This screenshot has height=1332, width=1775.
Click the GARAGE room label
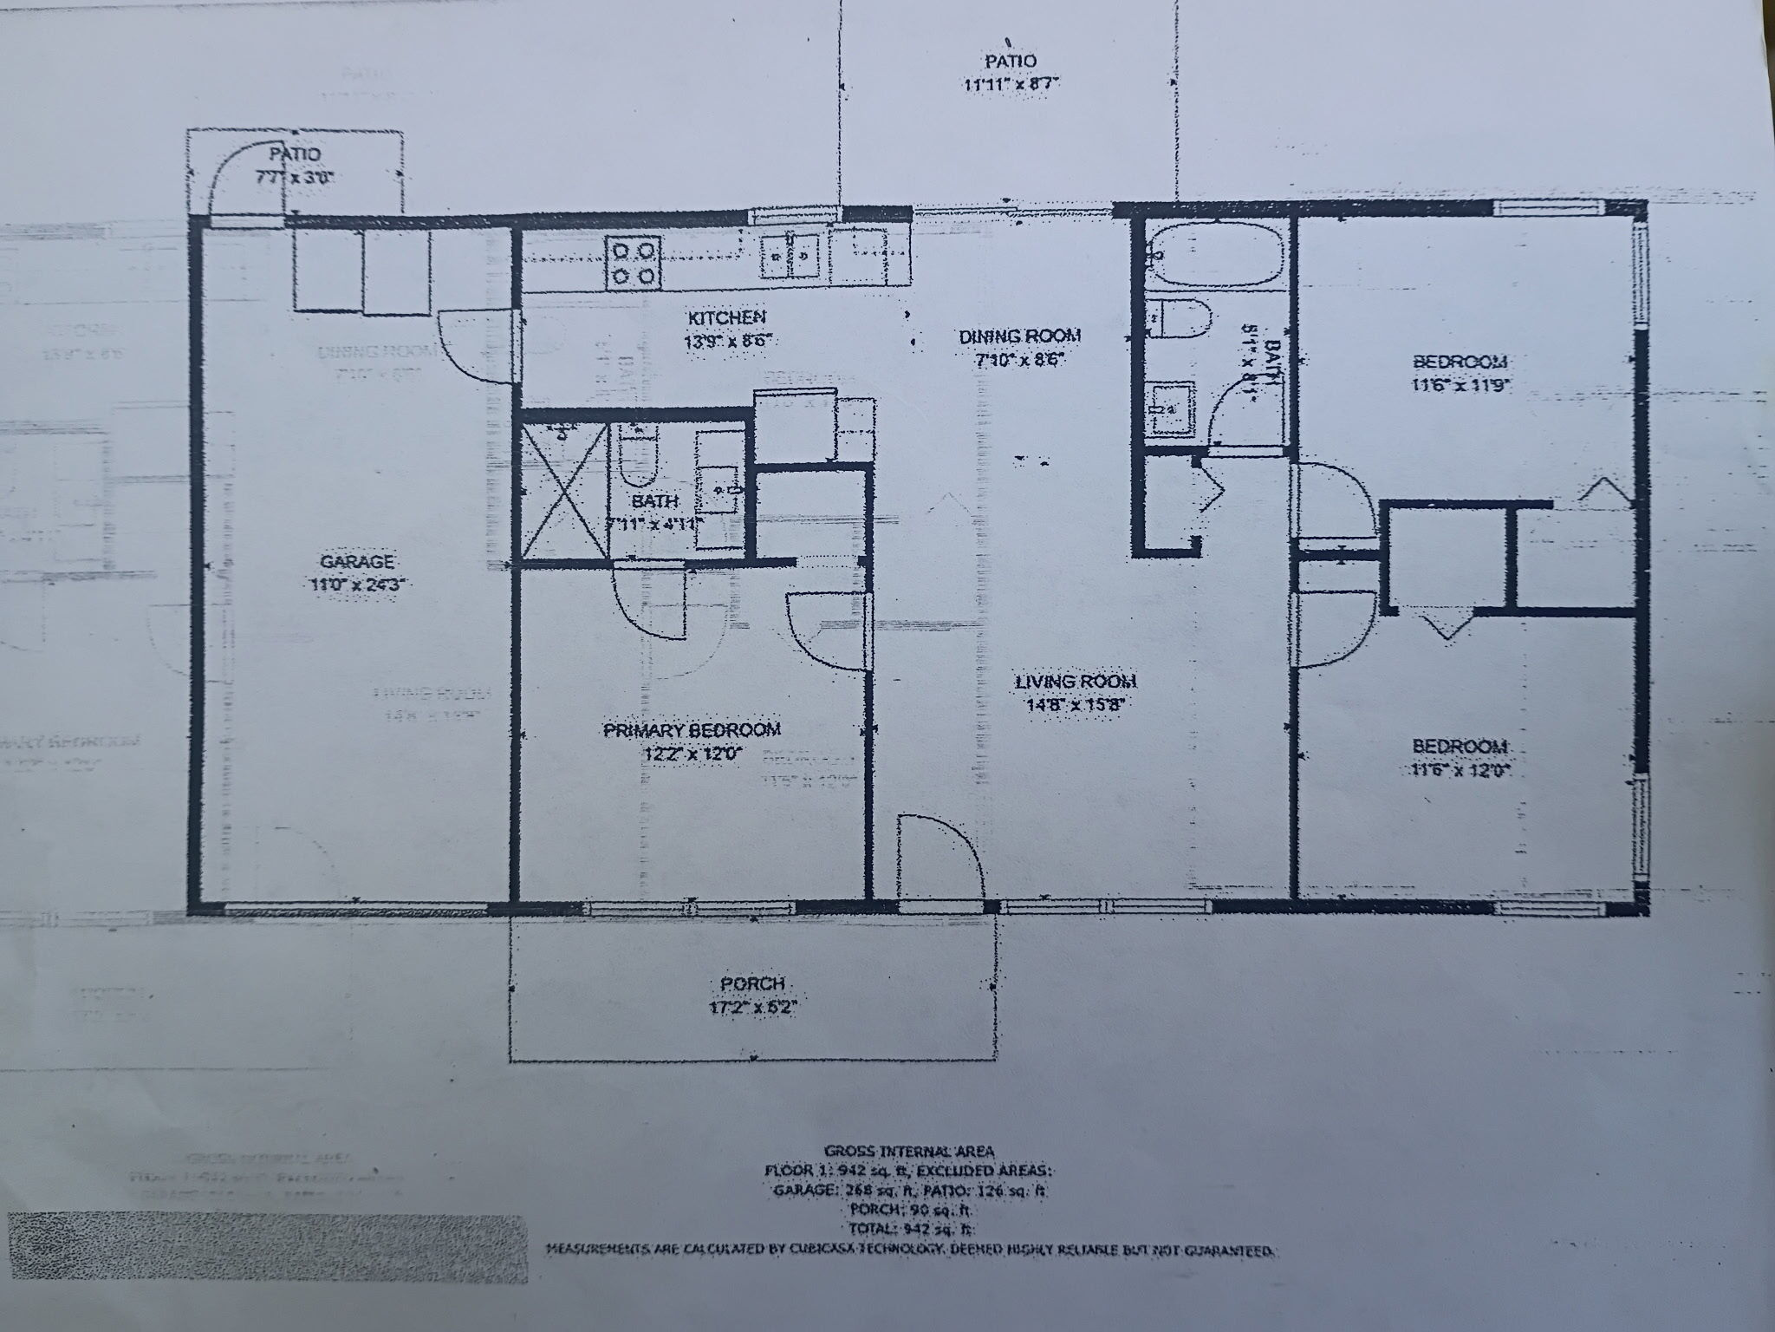[357, 561]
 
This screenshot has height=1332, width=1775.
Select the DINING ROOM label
[1020, 336]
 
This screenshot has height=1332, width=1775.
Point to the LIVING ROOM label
[1075, 682]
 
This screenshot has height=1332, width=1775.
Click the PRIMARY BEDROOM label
[691, 730]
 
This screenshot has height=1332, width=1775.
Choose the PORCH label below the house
[752, 984]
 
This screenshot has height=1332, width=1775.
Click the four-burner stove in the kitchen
[634, 263]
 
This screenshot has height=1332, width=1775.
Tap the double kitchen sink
[790, 257]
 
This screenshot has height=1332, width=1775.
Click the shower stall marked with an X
[562, 491]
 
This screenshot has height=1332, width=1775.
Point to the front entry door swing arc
[941, 854]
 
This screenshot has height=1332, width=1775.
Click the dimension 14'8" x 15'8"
[1075, 704]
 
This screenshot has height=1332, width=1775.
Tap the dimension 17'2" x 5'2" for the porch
[752, 1008]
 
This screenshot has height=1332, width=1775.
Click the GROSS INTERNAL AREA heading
[909, 1152]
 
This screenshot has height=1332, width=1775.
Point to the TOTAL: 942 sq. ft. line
[909, 1229]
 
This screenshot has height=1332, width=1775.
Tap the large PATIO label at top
[1011, 62]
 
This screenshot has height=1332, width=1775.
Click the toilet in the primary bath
[637, 459]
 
